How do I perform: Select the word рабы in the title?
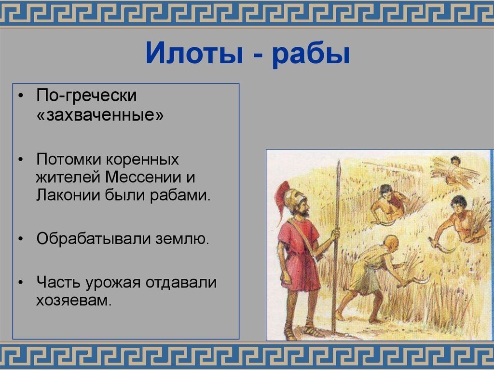click(x=310, y=54)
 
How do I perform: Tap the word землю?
click(x=183, y=238)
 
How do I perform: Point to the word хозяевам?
click(x=73, y=301)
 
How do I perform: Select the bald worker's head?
click(x=391, y=242)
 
